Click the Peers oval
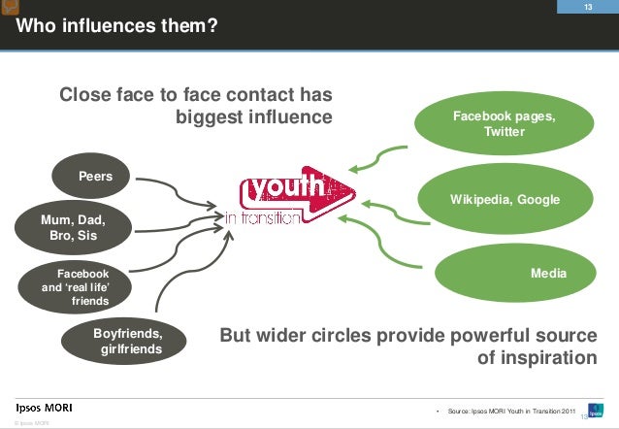[96, 177]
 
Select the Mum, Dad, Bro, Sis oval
[73, 228]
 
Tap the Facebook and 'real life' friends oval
[77, 287]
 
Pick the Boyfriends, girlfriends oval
[127, 342]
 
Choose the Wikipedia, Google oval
[505, 199]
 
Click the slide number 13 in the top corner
[587, 8]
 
